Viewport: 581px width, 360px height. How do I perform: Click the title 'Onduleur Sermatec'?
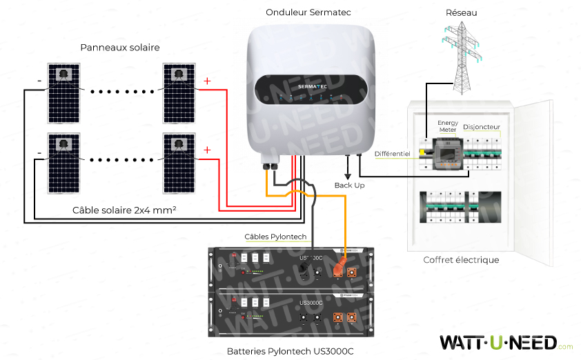tap(309, 13)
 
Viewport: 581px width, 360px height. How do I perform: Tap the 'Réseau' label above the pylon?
tap(462, 13)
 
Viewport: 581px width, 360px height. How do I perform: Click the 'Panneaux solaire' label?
tap(119, 48)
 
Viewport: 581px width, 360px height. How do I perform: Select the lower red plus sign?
tap(207, 150)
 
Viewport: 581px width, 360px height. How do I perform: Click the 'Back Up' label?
tap(349, 186)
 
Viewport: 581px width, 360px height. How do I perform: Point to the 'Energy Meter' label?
tap(448, 126)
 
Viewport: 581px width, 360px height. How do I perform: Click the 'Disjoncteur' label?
tap(482, 127)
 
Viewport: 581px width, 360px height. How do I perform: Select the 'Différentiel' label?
tap(392, 153)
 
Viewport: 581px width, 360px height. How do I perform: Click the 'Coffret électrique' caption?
tap(461, 260)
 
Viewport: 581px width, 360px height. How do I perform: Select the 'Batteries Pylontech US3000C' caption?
tap(290, 351)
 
